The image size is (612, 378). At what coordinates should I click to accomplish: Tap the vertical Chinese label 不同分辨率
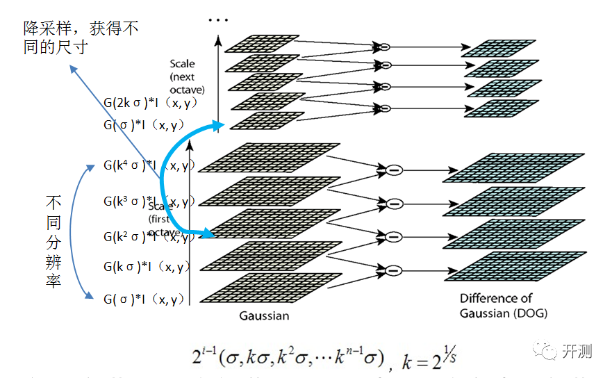[x=53, y=242]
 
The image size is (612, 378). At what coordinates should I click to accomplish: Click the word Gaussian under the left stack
[x=264, y=315]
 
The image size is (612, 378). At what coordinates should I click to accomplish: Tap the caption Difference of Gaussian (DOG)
[x=503, y=306]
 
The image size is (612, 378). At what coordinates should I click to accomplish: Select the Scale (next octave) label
[x=186, y=76]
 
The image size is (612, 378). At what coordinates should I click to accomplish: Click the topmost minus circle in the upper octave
[x=383, y=47]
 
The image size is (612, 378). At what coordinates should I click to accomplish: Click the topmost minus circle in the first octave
[x=394, y=170]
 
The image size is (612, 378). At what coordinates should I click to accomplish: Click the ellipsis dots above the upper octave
[x=218, y=20]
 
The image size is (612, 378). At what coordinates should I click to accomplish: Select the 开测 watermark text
[x=577, y=351]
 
